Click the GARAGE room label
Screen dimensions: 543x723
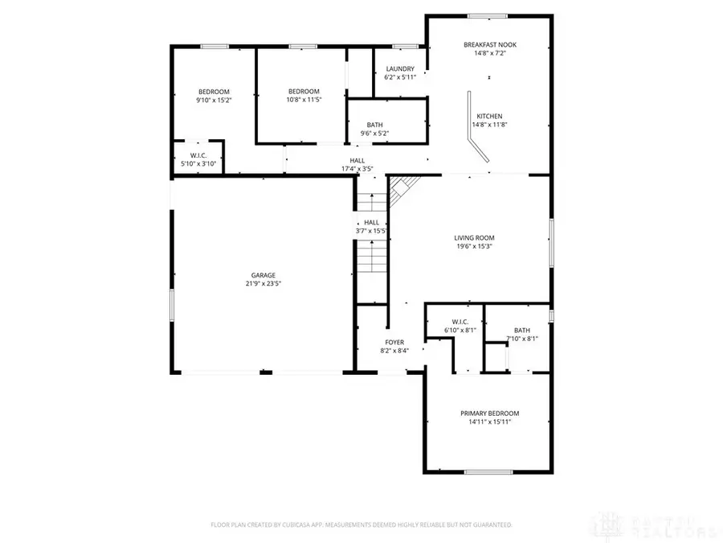click(261, 275)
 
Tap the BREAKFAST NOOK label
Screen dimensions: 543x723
click(489, 44)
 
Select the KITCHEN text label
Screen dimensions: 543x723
click(489, 115)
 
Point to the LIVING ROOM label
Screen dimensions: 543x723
click(474, 238)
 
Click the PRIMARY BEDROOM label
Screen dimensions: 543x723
click(489, 413)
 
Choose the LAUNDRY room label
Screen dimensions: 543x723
click(399, 69)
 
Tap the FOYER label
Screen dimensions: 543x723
click(394, 342)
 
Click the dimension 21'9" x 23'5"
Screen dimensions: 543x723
click(263, 284)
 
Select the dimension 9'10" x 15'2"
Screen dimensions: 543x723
click(214, 101)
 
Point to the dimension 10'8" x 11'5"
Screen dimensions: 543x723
click(304, 101)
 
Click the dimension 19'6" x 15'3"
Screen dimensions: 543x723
click(474, 247)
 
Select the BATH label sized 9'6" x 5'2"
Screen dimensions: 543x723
click(374, 125)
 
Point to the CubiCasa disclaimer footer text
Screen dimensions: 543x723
click(361, 524)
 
